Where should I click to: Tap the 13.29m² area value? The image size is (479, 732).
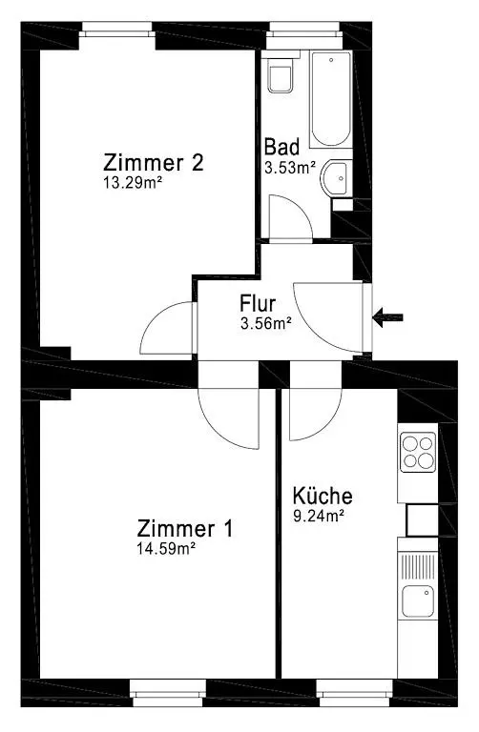click(131, 182)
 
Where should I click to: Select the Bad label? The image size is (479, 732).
click(282, 148)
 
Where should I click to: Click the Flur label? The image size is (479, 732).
click(258, 305)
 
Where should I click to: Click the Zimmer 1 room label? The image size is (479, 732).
click(184, 528)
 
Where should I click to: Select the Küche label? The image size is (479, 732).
click(323, 496)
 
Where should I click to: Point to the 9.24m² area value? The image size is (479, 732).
click(318, 516)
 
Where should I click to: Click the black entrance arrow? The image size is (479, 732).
click(387, 317)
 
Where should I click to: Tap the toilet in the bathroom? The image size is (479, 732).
click(281, 75)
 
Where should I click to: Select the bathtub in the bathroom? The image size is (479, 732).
click(331, 99)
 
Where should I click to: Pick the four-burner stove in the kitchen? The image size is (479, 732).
click(418, 450)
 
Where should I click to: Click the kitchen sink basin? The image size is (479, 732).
click(417, 602)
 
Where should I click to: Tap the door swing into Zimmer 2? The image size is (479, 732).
click(167, 329)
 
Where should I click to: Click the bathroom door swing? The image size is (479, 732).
click(286, 217)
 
